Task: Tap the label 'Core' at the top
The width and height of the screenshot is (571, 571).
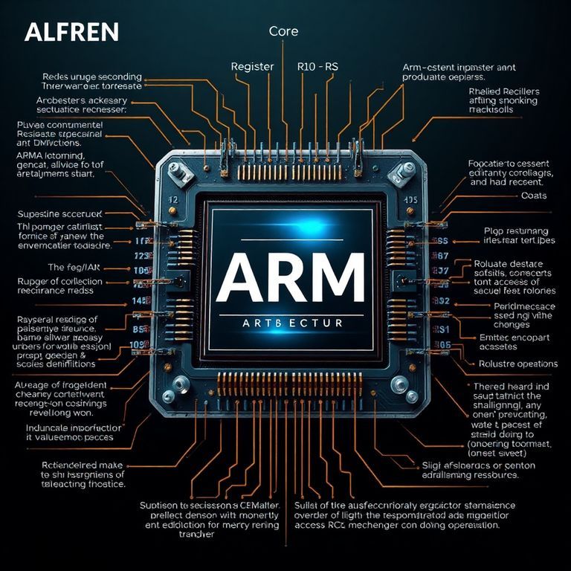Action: pyautogui.click(x=283, y=31)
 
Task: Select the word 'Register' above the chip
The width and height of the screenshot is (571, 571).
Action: pyautogui.click(x=253, y=66)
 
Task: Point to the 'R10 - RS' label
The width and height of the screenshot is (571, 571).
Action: pyautogui.click(x=317, y=66)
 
